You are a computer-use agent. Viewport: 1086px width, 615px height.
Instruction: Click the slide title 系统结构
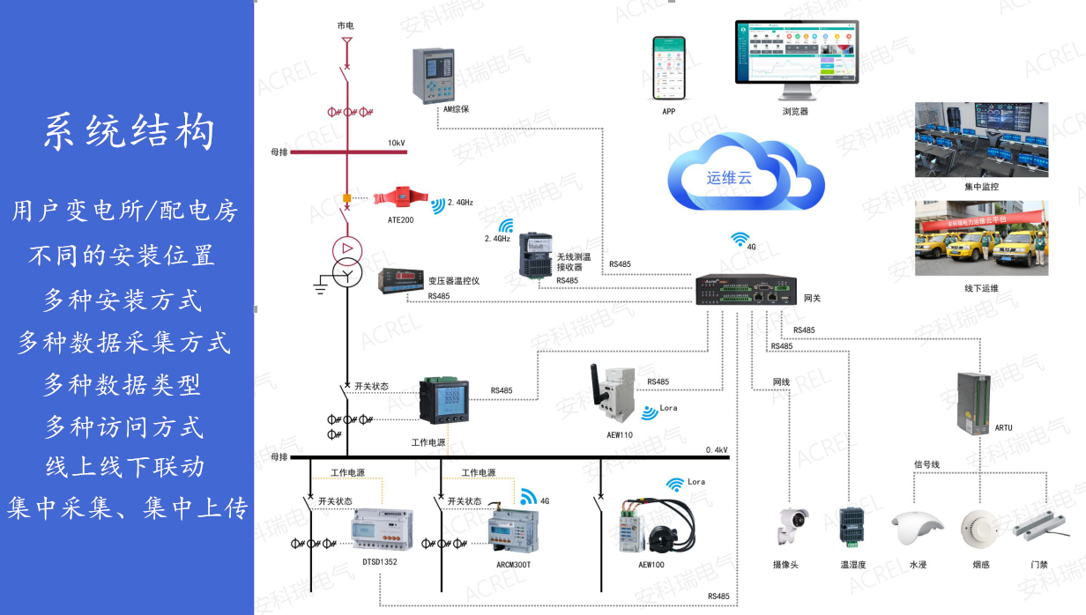tap(129, 133)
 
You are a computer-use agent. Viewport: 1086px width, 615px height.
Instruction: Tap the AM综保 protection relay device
tap(435, 75)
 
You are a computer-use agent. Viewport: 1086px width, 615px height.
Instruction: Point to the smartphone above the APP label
tap(668, 68)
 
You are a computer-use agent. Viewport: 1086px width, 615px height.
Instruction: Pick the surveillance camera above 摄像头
tap(791, 527)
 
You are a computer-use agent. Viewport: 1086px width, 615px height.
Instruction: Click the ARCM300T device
tap(512, 530)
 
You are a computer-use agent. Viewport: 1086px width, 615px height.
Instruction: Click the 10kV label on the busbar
tap(397, 143)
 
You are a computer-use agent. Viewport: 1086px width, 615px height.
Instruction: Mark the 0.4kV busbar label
tap(717, 450)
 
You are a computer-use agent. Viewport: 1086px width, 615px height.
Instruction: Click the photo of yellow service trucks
tap(981, 238)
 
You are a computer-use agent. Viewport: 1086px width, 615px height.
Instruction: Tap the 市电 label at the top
tap(346, 26)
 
